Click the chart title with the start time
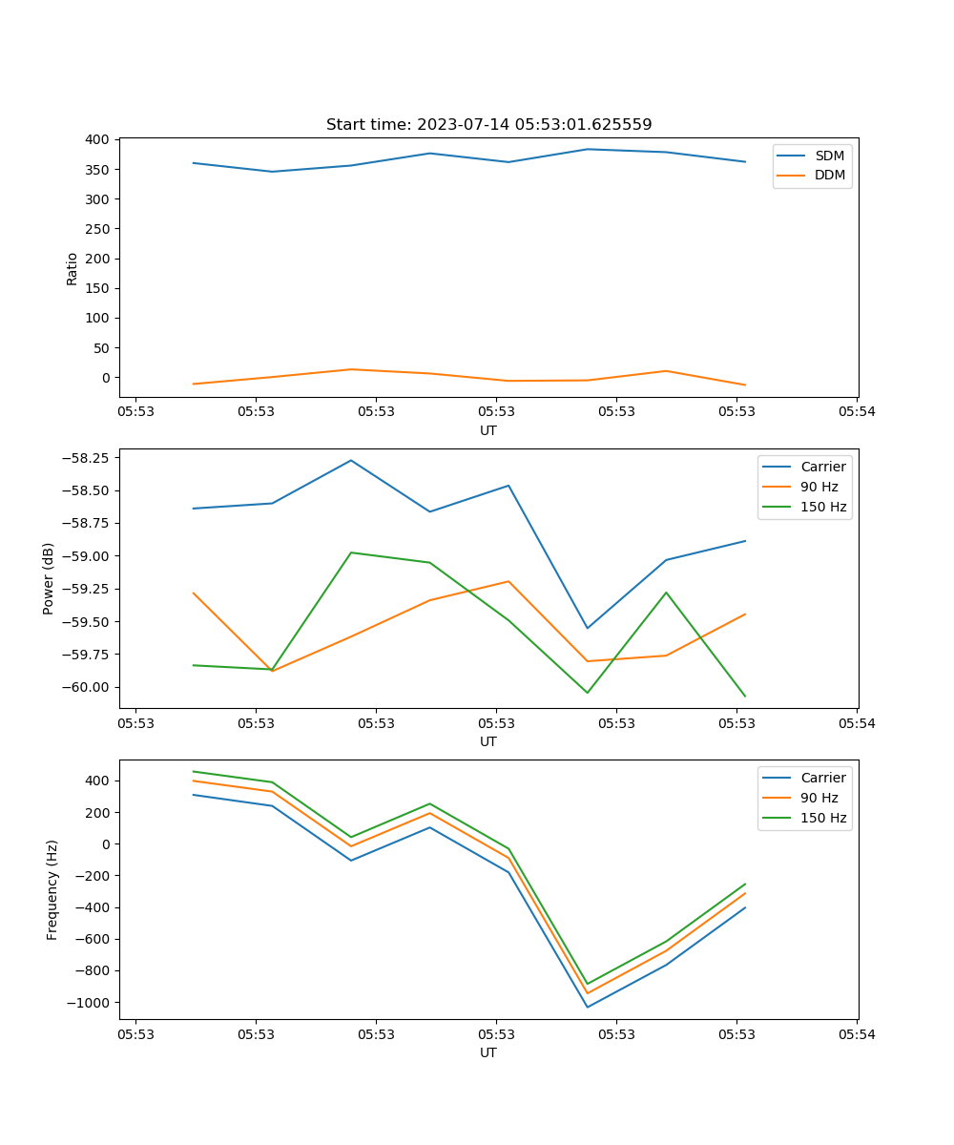point(488,125)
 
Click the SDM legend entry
point(829,156)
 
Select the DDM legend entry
point(829,175)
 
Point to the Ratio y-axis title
point(73,268)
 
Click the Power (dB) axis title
point(49,578)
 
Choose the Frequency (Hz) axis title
point(52,889)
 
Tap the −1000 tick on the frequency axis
point(89,1002)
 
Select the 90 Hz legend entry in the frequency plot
point(819,798)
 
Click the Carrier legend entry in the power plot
point(822,467)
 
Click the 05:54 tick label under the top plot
point(856,412)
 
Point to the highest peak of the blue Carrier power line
point(351,460)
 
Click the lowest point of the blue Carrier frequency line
point(587,1007)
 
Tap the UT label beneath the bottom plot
point(488,1052)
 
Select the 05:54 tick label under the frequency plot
point(856,1034)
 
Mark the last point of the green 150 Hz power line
point(745,696)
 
